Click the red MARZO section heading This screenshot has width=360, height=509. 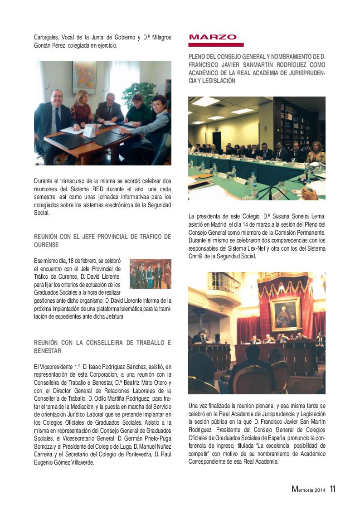(x=212, y=38)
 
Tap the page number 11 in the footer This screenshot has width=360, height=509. (x=333, y=489)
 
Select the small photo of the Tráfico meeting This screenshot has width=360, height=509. (x=150, y=274)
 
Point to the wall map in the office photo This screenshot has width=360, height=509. (x=84, y=77)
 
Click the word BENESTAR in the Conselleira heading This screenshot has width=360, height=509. (x=48, y=351)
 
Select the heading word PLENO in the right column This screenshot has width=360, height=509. (x=198, y=57)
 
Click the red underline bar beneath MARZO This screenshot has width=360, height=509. (x=216, y=45)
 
